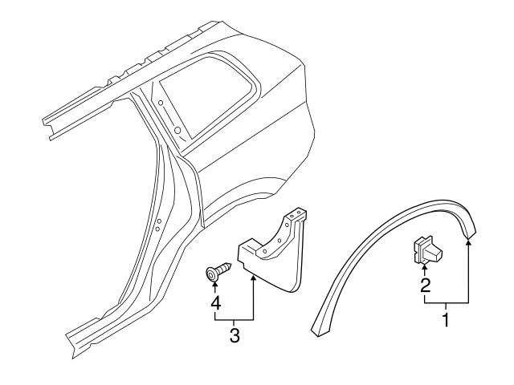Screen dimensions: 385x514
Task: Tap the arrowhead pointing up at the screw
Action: click(215, 288)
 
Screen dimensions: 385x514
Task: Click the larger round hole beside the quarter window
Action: click(176, 129)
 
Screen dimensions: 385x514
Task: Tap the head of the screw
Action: click(213, 275)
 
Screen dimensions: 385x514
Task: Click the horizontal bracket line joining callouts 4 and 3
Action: click(234, 320)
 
